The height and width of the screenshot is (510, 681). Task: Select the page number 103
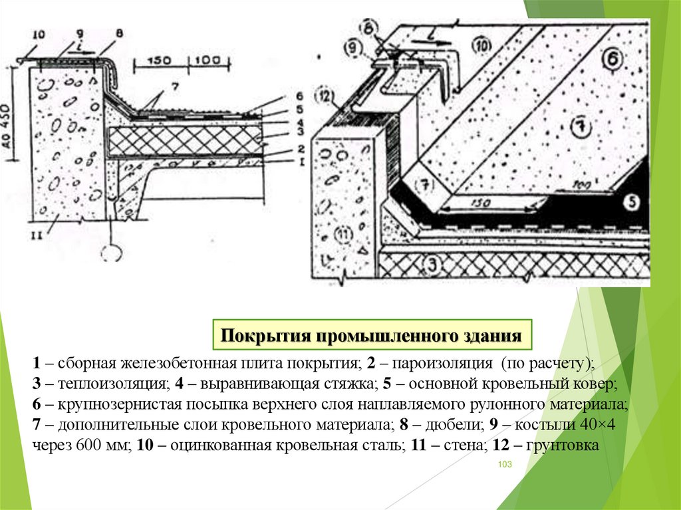pyautogui.click(x=504, y=464)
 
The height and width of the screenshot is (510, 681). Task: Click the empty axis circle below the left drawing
pyautogui.click(x=111, y=253)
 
